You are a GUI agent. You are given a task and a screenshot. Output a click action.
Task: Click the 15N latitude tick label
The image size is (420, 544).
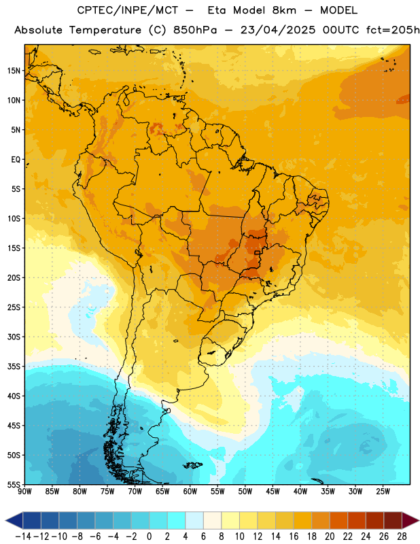click(14, 71)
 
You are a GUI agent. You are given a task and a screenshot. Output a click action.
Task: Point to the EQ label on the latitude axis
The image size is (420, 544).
click(16, 160)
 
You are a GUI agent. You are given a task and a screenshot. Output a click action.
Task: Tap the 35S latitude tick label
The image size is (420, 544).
click(14, 367)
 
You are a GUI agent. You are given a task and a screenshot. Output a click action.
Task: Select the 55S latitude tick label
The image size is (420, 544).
click(14, 484)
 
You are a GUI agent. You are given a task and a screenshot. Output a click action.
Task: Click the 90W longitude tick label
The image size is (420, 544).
click(25, 491)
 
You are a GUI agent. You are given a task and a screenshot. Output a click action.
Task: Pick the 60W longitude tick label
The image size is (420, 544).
click(190, 491)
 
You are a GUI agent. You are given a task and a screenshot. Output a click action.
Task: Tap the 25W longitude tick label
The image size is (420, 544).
click(383, 491)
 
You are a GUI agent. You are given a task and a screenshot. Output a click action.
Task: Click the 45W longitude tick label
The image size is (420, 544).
click(273, 491)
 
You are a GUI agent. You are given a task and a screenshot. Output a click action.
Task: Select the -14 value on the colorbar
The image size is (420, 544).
click(23, 537)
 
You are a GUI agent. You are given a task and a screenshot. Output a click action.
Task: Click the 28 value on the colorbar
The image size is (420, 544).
click(402, 537)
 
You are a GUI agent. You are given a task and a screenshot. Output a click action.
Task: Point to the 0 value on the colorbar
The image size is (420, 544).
click(149, 537)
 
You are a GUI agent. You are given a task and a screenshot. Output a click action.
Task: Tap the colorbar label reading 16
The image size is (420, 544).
click(294, 537)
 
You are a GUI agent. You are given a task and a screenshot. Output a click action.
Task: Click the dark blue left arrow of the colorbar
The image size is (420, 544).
click(14, 520)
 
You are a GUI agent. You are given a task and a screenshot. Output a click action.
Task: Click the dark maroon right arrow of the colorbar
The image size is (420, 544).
click(410, 520)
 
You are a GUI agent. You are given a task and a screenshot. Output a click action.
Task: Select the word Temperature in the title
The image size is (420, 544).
click(105, 30)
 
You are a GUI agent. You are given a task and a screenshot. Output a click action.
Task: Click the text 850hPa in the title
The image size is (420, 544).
click(195, 30)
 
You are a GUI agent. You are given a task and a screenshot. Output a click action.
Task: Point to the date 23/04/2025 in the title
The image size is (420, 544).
click(278, 30)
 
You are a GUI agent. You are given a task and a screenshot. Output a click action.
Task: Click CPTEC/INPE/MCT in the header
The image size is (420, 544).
click(128, 10)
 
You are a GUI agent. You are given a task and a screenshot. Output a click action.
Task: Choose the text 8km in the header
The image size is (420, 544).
click(284, 10)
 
